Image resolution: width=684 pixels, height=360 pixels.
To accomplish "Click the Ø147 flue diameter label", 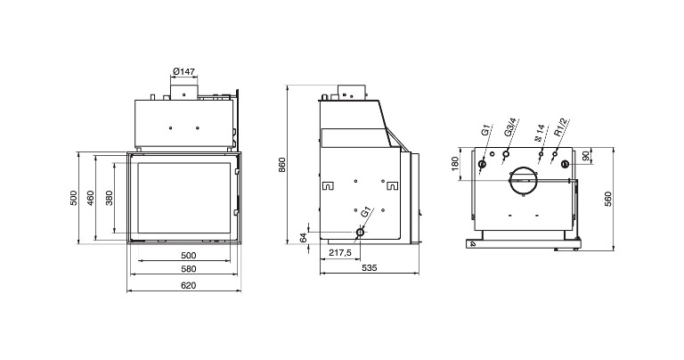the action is (x=183, y=71).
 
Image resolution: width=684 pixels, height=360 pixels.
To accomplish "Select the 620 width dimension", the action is (x=189, y=285).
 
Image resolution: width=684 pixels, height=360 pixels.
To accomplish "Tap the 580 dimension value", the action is (x=189, y=269).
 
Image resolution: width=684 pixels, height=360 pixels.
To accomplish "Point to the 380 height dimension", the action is (x=109, y=198).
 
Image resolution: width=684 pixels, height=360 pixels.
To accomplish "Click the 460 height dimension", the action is (x=90, y=198).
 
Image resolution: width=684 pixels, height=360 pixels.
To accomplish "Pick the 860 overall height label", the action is (x=281, y=165).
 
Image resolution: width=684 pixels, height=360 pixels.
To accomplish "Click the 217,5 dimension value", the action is (x=340, y=253).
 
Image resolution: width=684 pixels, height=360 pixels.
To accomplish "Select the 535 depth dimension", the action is (x=369, y=268).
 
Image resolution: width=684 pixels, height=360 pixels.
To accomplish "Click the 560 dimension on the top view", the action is (x=608, y=199).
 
